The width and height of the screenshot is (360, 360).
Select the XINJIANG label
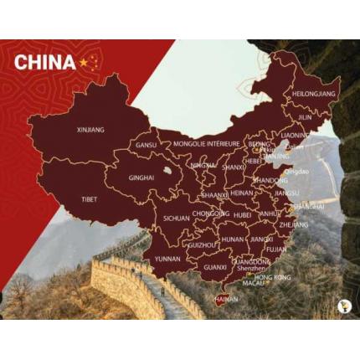(90, 130)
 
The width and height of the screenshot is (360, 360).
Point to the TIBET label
(89, 199)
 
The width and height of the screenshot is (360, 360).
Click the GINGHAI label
(141, 177)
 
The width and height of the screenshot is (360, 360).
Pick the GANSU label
(147, 145)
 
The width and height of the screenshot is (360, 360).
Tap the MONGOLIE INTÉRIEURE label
(205, 143)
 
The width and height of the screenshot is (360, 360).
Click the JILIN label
(305, 117)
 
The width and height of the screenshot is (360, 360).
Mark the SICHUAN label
(176, 218)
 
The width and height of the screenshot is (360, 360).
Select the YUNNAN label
(167, 259)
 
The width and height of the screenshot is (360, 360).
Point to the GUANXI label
(215, 267)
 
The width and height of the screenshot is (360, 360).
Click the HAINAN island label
(227, 298)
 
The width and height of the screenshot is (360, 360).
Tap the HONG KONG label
(272, 277)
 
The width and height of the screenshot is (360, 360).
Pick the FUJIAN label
(276, 249)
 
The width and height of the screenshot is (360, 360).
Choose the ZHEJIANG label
(293, 224)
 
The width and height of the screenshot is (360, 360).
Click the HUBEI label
(243, 214)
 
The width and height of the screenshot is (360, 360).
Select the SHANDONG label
(270, 180)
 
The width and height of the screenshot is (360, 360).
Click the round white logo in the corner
(343, 306)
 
